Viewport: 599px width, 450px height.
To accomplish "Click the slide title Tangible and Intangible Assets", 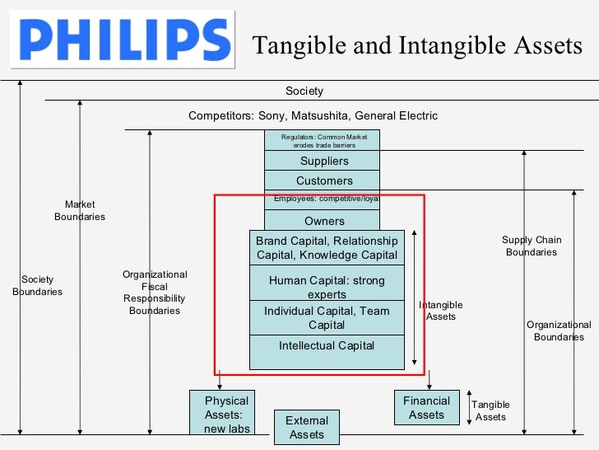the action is (417, 45).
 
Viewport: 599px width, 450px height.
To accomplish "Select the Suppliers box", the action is (323, 161).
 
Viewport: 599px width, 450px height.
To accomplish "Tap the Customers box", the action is (323, 180).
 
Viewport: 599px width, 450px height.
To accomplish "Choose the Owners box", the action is (323, 221).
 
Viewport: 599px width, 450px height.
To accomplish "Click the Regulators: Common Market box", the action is (323, 140).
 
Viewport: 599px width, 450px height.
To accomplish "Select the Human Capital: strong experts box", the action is (327, 287).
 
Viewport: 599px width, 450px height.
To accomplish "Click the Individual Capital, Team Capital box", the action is (327, 317).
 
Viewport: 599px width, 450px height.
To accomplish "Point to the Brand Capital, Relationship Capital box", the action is (327, 248).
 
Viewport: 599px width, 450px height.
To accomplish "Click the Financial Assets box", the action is (426, 407).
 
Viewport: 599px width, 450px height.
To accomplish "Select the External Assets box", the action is (306, 427).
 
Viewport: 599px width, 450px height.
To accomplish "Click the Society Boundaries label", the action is (37, 285).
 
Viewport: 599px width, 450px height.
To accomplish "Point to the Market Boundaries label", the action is (80, 210).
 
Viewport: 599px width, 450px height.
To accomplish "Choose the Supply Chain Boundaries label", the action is (532, 246).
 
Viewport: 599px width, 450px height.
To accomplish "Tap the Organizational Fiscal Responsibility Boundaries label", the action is (155, 293).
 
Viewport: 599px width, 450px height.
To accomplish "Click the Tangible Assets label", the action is (490, 410).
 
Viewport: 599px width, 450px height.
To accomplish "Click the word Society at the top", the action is (304, 91).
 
